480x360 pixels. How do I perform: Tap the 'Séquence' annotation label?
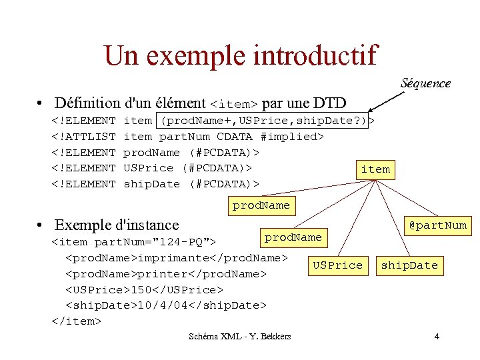coord(425,83)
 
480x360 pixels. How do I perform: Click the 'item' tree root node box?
coord(375,169)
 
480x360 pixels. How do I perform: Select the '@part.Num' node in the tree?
coord(437,225)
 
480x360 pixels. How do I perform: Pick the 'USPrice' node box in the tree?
coord(337,265)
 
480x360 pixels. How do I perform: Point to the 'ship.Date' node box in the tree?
coord(409,265)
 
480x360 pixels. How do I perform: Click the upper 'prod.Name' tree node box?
coord(261,206)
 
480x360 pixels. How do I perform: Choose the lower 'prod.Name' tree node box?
coord(293,237)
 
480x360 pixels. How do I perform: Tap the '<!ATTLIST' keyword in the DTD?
coord(84,137)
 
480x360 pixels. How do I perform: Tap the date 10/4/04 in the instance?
coord(163,305)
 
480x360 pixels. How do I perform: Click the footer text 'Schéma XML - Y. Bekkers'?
coord(240,336)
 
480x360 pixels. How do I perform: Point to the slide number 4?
coord(437,336)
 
